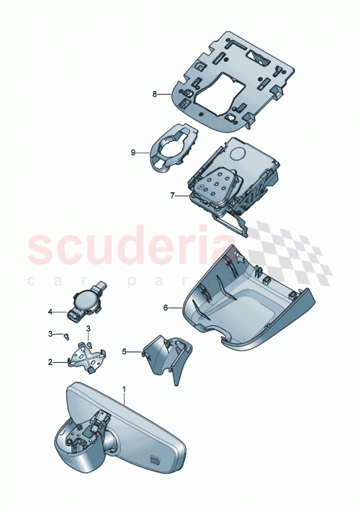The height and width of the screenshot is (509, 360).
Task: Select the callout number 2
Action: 50,363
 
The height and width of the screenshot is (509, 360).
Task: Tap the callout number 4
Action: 50,312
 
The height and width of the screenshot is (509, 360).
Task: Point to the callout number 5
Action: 123,352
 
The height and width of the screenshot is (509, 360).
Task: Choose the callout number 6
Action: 166,307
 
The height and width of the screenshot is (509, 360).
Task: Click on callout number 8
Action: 154,93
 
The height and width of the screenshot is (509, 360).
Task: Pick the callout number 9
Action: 133,152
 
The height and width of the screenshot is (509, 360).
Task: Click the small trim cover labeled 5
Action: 166,355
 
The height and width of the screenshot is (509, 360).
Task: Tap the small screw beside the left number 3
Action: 66,335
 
